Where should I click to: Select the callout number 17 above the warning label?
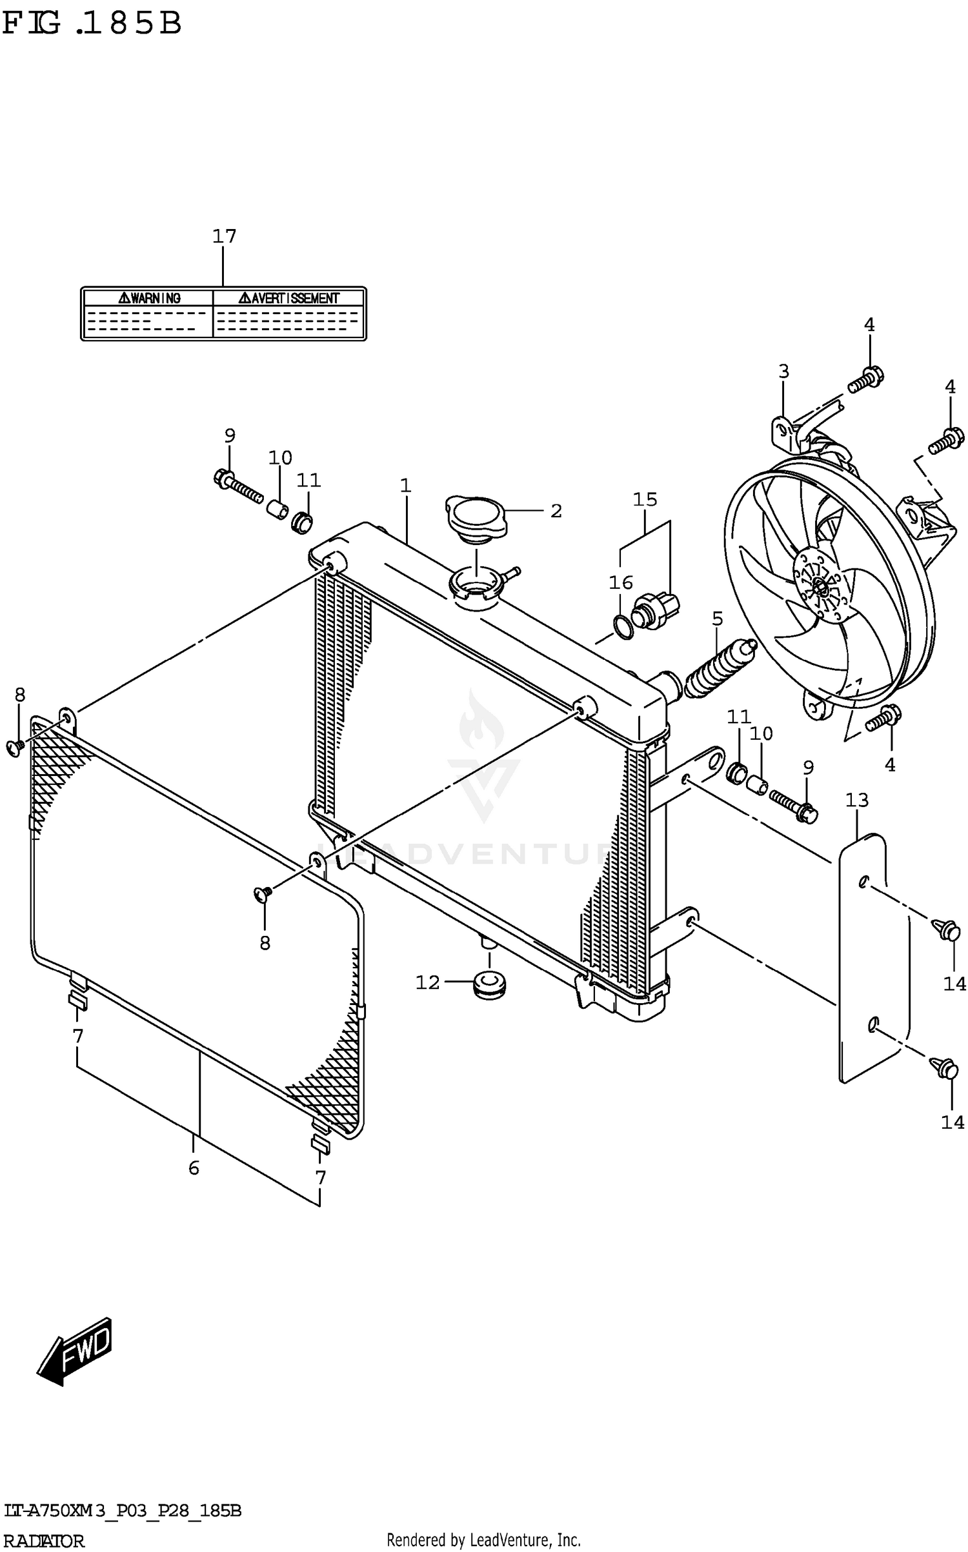click(225, 236)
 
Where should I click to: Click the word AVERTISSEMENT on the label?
click(294, 298)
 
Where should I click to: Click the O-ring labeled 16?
click(623, 627)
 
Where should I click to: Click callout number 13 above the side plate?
click(857, 800)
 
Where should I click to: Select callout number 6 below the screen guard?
click(194, 1168)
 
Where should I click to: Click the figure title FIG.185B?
click(92, 24)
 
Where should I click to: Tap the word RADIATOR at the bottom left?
click(44, 1541)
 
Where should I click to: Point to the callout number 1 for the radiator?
click(405, 485)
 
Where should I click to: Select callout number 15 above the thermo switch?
click(645, 499)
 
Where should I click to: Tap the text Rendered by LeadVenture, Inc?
click(483, 1540)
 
